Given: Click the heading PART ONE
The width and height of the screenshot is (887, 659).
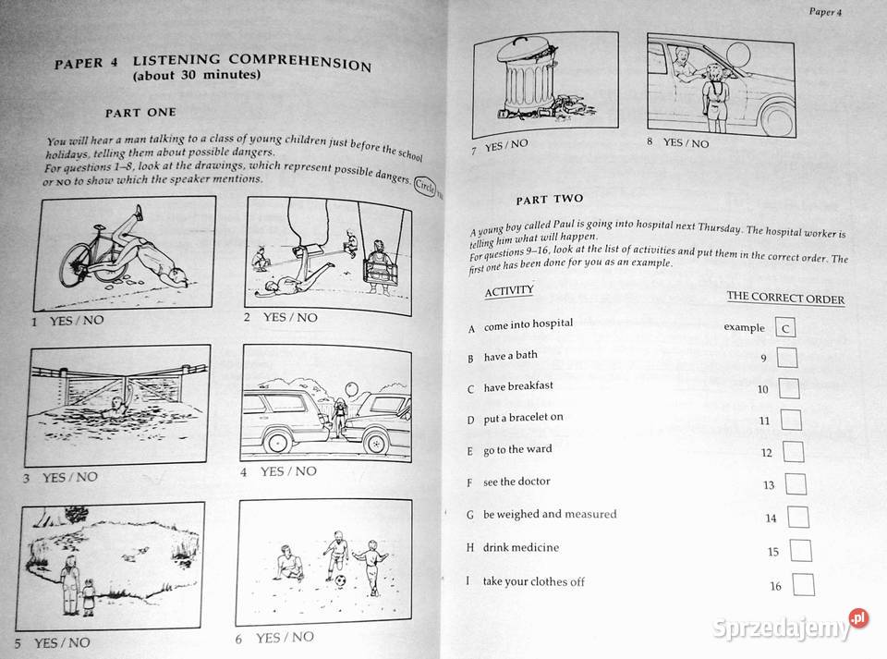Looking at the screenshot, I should coord(140,113).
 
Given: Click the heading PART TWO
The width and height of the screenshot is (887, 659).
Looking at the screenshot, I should coord(550,199).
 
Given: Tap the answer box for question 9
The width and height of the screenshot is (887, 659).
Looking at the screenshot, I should coord(787,358).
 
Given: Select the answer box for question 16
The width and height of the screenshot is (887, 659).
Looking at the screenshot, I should coord(804,584).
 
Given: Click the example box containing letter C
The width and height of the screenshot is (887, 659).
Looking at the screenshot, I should coord(784,326).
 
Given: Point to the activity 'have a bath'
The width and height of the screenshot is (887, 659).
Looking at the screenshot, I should coord(510,356).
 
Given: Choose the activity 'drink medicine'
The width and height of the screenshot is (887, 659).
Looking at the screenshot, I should coord(520,547).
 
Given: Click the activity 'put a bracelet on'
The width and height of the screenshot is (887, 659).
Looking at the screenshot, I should coord(523,417).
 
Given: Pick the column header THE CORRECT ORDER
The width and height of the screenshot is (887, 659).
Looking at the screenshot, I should coord(785,297).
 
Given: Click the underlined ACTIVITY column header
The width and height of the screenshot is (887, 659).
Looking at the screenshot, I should coord(509,291).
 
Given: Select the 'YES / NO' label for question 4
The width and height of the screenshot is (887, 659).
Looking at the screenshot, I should coord(287,471).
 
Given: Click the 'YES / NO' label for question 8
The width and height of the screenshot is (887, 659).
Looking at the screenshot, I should coord(686,142).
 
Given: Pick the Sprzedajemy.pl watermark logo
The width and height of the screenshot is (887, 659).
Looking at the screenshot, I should coord(791,628).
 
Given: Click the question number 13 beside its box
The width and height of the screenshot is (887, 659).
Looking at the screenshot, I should coord(769,485).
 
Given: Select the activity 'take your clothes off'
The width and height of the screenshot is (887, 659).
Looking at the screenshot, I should coord(533,581).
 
